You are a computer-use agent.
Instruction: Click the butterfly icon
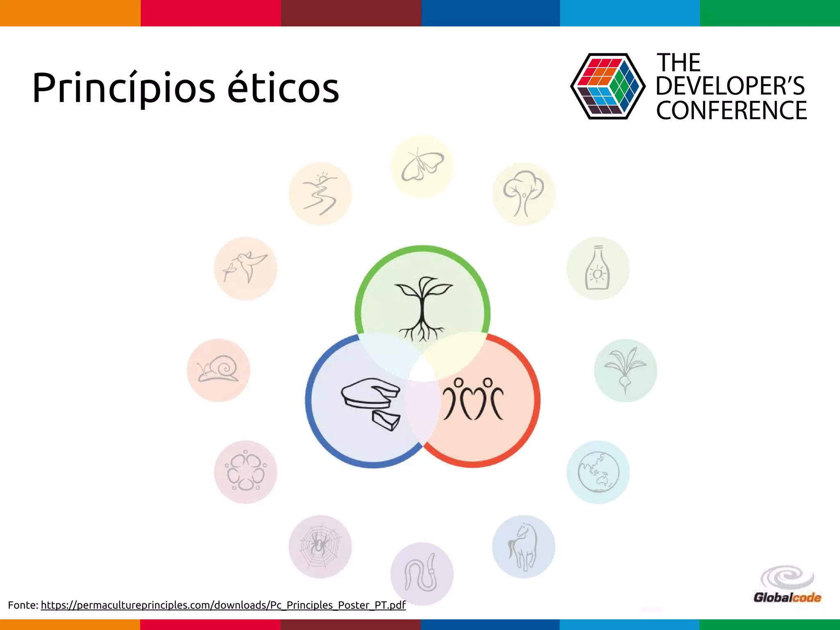pos(422,166)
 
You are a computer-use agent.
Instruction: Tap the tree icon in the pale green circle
pos(523,194)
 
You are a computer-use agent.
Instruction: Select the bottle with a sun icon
pos(598,268)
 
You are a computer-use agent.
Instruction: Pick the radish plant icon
pos(625,370)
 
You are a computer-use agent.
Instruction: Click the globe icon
pos(598,472)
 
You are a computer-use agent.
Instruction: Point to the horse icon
pos(523,546)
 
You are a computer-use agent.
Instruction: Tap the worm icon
pos(422,573)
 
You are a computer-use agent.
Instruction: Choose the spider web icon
pos(320,546)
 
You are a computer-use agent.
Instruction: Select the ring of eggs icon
pos(245,472)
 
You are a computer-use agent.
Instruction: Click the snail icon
pos(218,370)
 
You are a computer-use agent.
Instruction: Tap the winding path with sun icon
pos(320,194)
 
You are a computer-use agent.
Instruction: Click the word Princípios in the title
pos(123,89)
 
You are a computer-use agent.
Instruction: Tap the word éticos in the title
pos(283,89)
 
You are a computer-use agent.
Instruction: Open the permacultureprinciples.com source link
pos(223,605)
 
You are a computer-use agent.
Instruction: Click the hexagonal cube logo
pos(607,86)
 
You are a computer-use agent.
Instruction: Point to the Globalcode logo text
pos(787,597)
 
